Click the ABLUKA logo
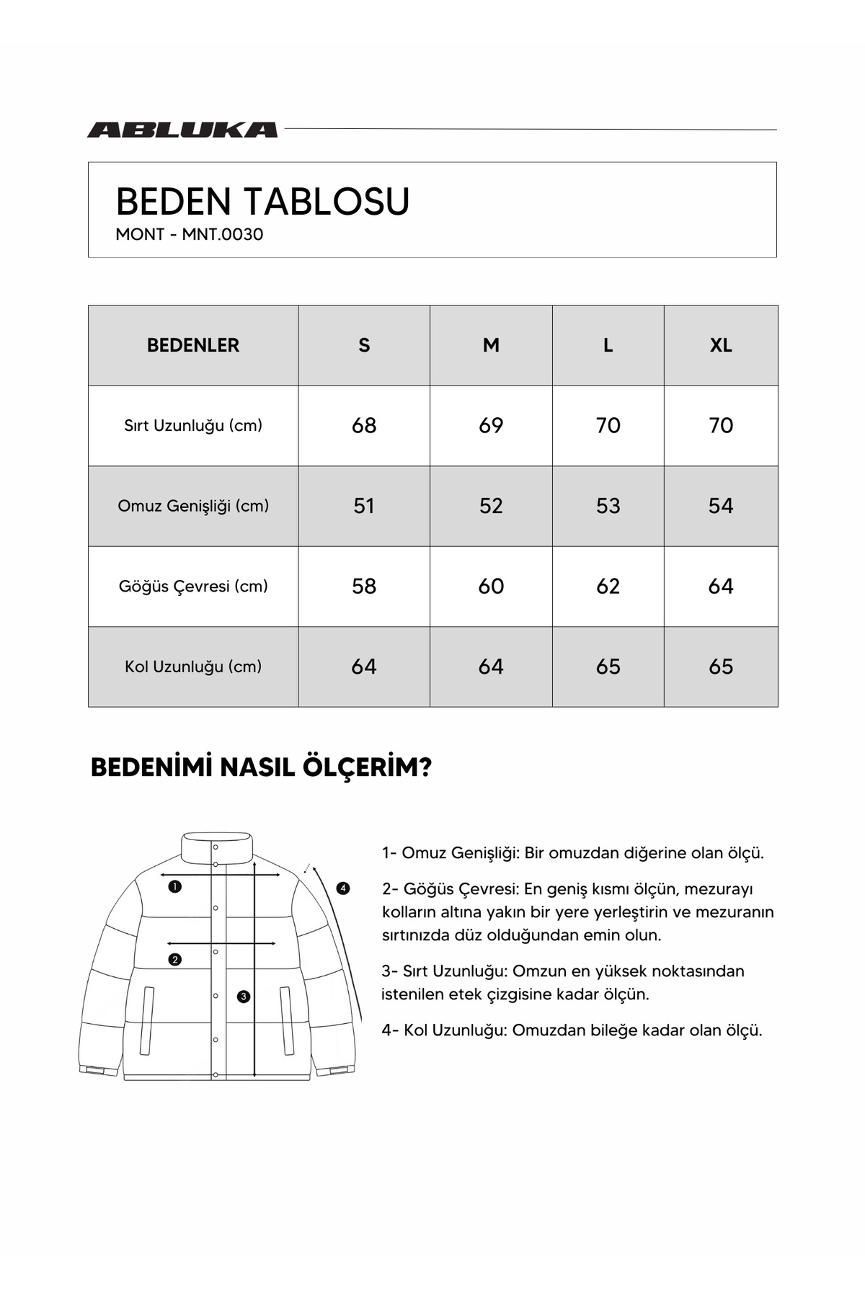(182, 130)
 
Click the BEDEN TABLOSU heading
(262, 201)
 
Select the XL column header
(721, 345)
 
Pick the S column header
(364, 345)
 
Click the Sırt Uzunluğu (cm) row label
(193, 425)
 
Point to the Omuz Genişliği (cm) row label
(193, 506)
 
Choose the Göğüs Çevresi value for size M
(491, 586)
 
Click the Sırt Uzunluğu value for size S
(364, 425)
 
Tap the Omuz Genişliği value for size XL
(721, 506)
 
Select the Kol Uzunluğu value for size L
(608, 667)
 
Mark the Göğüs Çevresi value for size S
(364, 586)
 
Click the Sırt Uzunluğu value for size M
(491, 425)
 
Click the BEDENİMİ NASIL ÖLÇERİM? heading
(261, 767)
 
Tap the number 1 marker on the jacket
(174, 886)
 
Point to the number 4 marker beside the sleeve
(343, 888)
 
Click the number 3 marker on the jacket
(244, 997)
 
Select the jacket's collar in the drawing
(216, 847)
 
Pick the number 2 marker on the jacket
(174, 959)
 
